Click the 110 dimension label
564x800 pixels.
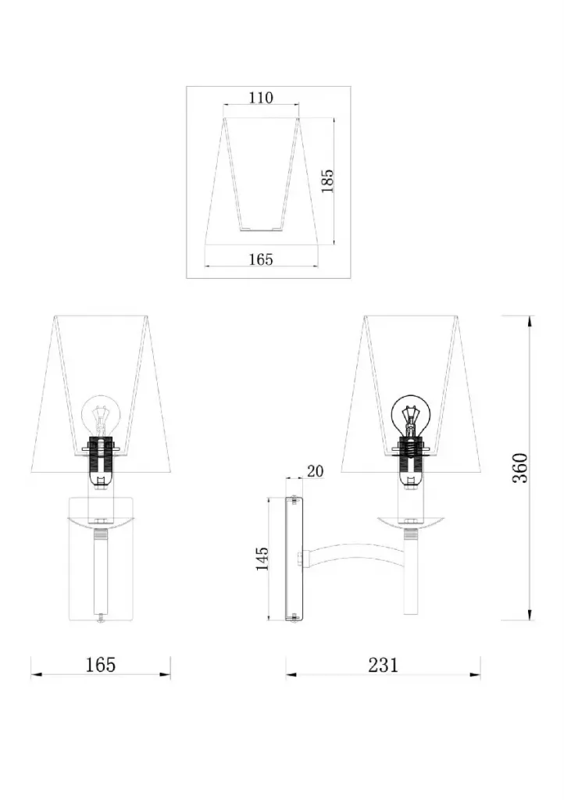click(261, 98)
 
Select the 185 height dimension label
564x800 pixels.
click(327, 180)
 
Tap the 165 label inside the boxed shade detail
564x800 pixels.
click(261, 259)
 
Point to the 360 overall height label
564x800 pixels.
click(520, 468)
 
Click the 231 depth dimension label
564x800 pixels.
click(383, 665)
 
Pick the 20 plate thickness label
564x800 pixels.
click(315, 471)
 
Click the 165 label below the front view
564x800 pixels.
click(101, 665)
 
